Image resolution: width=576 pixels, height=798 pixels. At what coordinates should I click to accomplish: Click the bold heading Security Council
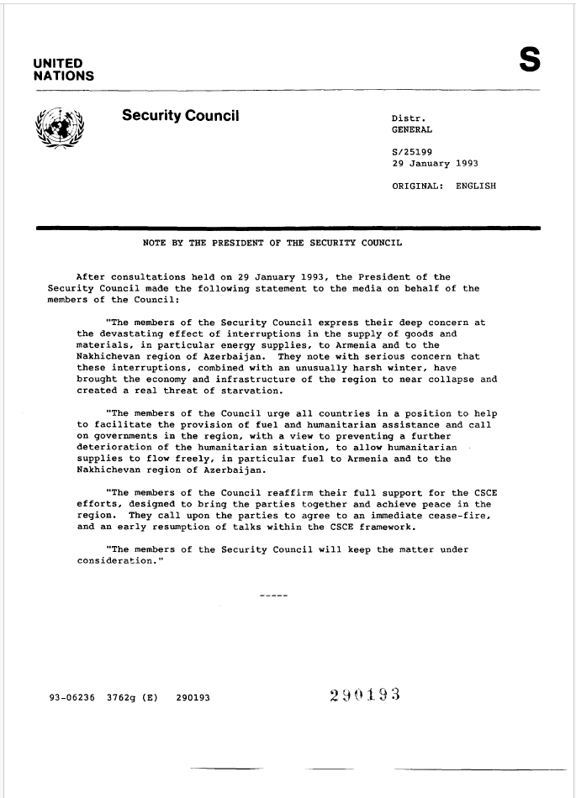click(x=181, y=115)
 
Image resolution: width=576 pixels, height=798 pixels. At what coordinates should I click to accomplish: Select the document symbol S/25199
click(x=413, y=152)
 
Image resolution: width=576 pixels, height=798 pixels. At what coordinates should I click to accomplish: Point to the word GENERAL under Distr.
click(x=413, y=130)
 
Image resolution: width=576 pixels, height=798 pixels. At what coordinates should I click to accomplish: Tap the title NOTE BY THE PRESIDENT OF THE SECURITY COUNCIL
click(x=272, y=244)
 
